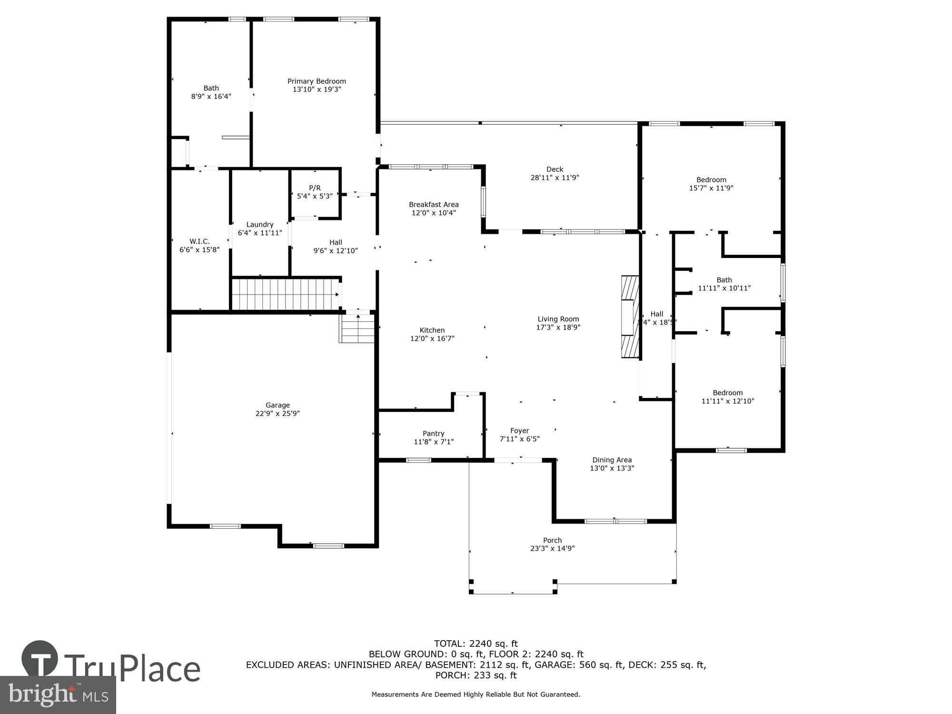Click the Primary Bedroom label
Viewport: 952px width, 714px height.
[x=317, y=81]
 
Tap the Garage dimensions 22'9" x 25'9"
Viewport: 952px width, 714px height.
[x=278, y=414]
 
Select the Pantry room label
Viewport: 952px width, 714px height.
[x=433, y=434]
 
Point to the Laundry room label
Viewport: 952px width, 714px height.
[x=260, y=225]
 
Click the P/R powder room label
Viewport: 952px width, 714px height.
[x=315, y=188]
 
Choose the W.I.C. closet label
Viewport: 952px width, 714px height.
[x=199, y=242]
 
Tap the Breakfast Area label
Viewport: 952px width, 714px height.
[x=434, y=205]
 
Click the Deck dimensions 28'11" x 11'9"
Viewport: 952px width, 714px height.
[x=555, y=178]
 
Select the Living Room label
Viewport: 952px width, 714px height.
[x=558, y=319]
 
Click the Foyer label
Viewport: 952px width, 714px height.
[x=519, y=431]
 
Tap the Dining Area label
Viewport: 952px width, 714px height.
[x=612, y=460]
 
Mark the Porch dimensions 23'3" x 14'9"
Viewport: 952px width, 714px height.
[x=552, y=548]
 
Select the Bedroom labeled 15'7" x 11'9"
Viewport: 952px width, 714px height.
[x=711, y=180]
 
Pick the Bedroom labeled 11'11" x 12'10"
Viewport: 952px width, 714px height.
[x=727, y=393]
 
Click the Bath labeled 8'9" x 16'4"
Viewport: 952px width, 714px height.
[x=211, y=89]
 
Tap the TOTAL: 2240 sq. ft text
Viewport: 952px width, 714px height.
[x=476, y=644]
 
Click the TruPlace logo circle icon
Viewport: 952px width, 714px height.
[x=40, y=659]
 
